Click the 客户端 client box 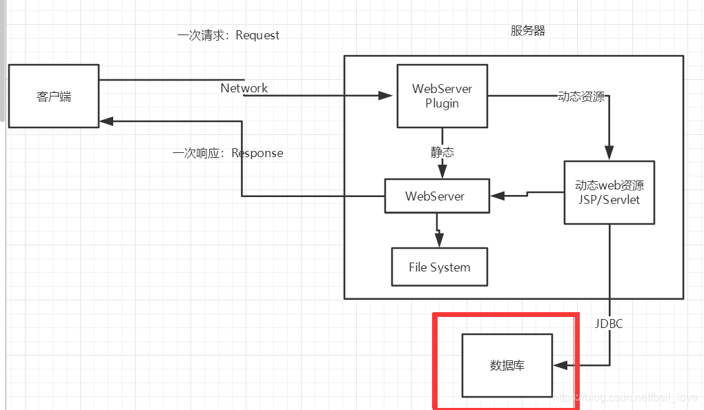[53, 96]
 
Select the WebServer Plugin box [442, 96]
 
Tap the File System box [439, 267]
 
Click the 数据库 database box [507, 365]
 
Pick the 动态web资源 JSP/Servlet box [608, 192]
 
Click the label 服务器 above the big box [528, 31]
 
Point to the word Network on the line [244, 88]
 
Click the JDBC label [609, 322]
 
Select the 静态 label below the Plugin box [442, 152]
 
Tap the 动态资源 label [581, 96]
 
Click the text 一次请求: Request [228, 35]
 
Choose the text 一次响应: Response [228, 153]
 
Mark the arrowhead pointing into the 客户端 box [106, 121]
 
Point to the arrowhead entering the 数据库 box [560, 365]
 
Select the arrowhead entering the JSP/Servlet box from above [609, 154]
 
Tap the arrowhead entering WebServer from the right [496, 196]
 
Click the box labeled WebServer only [436, 196]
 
